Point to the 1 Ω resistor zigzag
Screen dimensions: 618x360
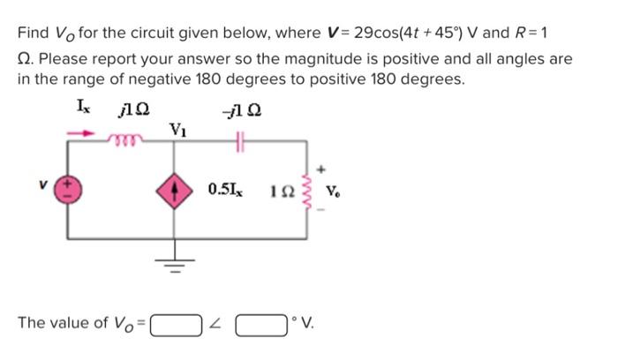coord(309,188)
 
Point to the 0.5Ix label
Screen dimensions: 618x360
coord(228,189)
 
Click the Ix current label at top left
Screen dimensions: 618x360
coord(84,109)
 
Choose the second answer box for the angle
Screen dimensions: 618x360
coord(260,324)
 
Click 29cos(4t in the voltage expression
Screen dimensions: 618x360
coord(389,34)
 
